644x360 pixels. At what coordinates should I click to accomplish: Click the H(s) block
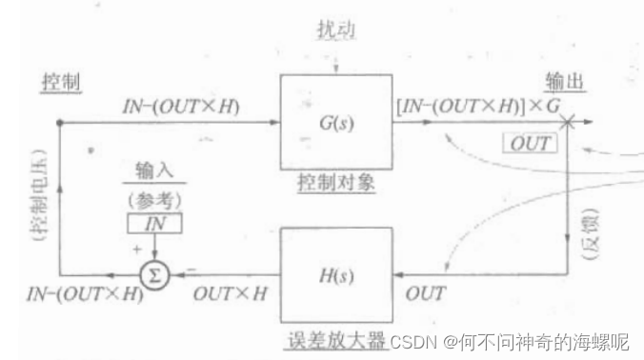pyautogui.click(x=336, y=276)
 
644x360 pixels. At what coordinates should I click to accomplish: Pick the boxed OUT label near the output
pyautogui.click(x=530, y=144)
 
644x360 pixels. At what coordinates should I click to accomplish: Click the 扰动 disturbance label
pyautogui.click(x=335, y=30)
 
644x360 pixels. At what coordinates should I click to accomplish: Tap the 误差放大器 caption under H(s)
pyautogui.click(x=336, y=340)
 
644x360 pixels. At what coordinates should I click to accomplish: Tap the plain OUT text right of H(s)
pyautogui.click(x=426, y=294)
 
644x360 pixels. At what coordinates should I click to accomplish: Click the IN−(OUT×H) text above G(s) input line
pyautogui.click(x=181, y=105)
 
